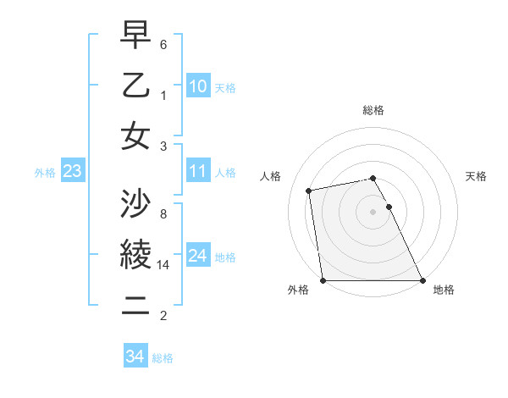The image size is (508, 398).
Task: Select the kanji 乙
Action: tap(135, 86)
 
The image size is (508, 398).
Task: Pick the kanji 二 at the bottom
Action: tap(135, 303)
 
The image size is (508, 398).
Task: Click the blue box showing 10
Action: tap(198, 86)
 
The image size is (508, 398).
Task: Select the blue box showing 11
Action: tap(198, 172)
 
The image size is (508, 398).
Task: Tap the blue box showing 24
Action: tap(198, 256)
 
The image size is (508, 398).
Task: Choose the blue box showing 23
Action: tap(73, 172)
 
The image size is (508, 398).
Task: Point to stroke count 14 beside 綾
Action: tap(165, 265)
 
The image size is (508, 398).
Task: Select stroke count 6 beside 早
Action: tap(163, 44)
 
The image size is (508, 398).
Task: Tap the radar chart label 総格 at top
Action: tap(373, 110)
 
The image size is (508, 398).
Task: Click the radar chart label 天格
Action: tap(476, 176)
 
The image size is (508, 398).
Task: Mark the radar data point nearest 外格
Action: tap(323, 280)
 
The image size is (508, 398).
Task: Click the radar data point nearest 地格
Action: tap(422, 280)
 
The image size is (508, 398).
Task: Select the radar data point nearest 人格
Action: tap(309, 191)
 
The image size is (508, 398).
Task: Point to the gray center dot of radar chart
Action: tap(373, 211)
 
